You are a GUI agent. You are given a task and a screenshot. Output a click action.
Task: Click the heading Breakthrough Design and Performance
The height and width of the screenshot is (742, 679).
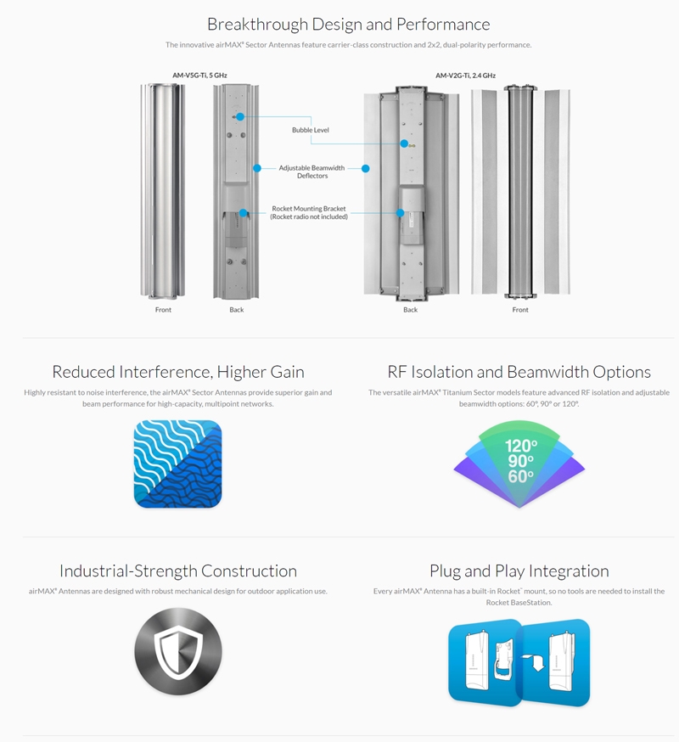(x=348, y=24)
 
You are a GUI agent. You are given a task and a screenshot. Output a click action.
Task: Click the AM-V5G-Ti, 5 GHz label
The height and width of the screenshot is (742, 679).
(x=199, y=76)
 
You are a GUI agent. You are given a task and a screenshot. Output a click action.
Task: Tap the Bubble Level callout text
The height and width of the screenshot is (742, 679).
(x=310, y=130)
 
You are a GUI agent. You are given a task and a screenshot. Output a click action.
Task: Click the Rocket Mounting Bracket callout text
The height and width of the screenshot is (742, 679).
(x=310, y=212)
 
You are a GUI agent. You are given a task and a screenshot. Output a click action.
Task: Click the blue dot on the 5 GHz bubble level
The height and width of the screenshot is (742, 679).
(x=240, y=116)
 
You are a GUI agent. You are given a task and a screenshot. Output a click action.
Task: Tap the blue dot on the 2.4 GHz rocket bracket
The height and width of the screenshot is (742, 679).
(x=398, y=214)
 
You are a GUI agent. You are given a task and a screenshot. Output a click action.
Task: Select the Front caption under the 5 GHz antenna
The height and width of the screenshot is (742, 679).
(x=163, y=310)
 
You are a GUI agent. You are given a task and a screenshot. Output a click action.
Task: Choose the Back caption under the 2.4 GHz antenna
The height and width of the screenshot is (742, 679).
(x=410, y=310)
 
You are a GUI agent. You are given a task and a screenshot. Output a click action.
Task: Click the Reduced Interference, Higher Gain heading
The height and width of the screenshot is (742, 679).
(x=178, y=372)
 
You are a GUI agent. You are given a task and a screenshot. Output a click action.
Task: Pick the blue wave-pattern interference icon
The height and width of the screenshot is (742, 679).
(x=177, y=464)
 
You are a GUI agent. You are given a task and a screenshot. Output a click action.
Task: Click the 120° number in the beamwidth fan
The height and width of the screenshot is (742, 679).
(x=519, y=445)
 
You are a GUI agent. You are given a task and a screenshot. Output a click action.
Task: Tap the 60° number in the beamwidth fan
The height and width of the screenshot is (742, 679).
(x=519, y=476)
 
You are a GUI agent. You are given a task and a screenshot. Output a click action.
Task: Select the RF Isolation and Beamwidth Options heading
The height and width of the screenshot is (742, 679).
(x=519, y=372)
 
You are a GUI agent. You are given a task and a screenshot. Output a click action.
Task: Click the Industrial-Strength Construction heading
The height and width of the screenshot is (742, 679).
(x=178, y=571)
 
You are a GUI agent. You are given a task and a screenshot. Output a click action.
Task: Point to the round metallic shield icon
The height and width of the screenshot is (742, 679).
(x=178, y=652)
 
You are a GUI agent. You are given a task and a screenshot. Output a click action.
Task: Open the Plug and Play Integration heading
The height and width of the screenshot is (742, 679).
(x=519, y=571)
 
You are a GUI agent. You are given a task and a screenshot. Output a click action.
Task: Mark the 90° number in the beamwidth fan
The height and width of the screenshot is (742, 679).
(x=519, y=461)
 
